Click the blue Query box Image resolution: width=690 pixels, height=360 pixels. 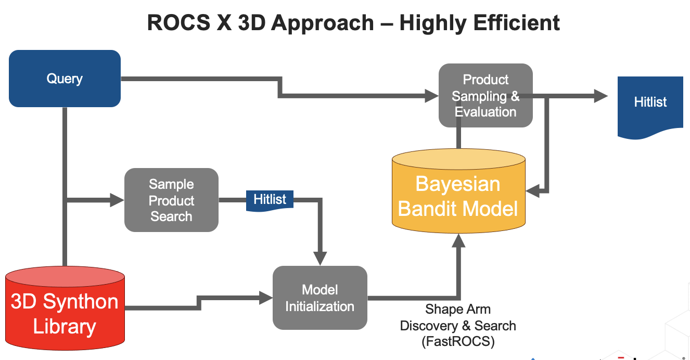(65, 79)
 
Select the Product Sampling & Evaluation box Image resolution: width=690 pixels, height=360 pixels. (485, 96)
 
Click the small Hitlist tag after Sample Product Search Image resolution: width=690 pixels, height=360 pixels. (270, 200)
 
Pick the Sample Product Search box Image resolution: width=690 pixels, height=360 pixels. (171, 200)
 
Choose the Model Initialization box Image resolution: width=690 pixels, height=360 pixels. (320, 298)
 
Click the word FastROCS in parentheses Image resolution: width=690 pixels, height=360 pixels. (458, 342)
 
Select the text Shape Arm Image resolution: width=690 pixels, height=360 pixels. (458, 309)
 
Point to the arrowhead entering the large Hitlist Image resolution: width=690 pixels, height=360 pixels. (600, 96)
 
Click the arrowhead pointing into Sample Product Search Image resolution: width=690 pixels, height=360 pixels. (118, 200)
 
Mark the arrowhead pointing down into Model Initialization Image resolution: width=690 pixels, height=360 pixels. (320, 258)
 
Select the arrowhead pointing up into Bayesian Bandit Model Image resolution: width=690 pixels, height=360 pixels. (458, 240)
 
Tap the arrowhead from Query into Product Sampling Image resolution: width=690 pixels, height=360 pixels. (432, 96)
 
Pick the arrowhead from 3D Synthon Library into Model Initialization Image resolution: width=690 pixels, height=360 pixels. (266, 298)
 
